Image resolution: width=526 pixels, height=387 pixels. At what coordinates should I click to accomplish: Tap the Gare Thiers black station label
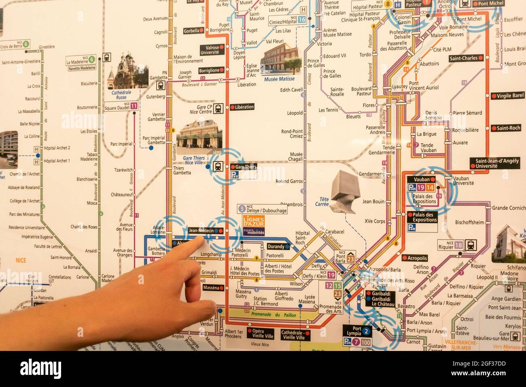[245, 167]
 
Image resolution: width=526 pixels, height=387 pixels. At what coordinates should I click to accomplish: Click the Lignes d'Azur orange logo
[253, 221]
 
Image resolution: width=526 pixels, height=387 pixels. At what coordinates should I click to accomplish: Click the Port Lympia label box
[357, 331]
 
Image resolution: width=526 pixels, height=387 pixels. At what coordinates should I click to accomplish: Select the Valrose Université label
[212, 50]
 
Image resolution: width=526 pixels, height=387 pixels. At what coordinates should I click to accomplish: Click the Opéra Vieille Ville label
[263, 334]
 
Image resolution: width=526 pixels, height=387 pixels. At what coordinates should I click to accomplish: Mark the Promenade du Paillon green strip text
[274, 315]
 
